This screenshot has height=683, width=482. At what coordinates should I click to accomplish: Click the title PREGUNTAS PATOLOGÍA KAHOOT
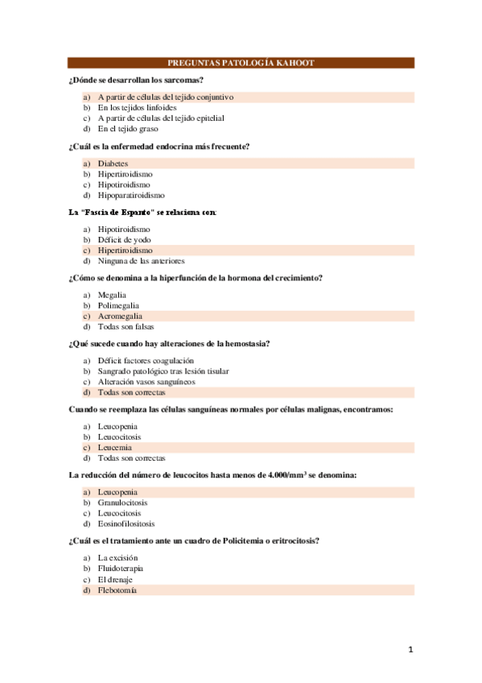241,63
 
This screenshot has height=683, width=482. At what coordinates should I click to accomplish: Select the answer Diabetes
113,163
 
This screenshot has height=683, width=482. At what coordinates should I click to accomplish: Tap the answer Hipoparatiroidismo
131,195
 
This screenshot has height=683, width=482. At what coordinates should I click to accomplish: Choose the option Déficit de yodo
124,239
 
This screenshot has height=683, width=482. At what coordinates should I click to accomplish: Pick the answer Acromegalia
120,316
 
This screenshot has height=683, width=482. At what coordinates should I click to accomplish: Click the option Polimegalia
118,305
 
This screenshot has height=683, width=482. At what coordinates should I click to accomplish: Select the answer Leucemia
115,447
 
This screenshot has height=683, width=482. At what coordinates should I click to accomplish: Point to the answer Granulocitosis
122,503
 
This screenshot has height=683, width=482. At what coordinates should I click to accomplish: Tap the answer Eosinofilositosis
126,524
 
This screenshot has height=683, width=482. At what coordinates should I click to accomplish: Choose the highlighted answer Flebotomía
117,590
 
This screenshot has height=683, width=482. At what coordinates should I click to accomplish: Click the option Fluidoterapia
121,569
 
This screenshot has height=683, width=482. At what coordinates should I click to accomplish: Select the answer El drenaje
115,579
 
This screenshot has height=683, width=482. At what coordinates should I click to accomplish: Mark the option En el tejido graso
128,128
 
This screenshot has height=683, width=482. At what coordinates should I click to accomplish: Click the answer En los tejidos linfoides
137,107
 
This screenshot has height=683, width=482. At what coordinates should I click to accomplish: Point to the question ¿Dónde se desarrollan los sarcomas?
136,80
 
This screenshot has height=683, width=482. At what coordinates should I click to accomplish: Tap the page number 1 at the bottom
410,649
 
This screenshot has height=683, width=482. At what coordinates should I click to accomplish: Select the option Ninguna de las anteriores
141,261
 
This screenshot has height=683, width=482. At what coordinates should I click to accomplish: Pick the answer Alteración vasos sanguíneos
146,382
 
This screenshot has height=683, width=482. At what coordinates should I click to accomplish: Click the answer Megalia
112,295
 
